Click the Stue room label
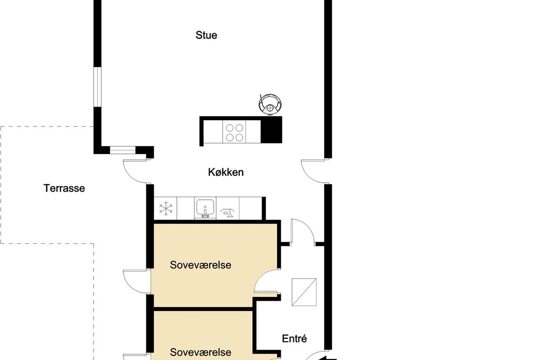[206, 35]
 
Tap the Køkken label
[226, 172]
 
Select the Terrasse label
[64, 188]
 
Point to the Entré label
[294, 338]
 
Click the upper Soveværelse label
[201, 265]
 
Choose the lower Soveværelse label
[201, 352]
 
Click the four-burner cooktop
[234, 132]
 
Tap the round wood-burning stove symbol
[270, 104]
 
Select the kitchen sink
[205, 208]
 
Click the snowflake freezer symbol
[166, 208]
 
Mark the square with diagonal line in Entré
[304, 292]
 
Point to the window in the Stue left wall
[97, 87]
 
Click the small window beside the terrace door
[123, 150]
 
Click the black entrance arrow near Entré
[327, 358]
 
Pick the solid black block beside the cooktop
[271, 130]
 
